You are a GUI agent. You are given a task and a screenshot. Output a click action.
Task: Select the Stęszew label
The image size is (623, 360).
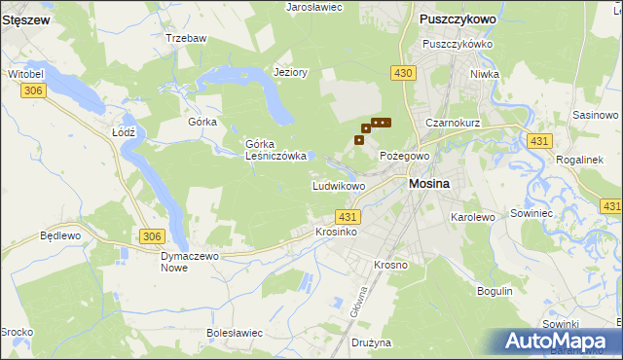coord(26,18)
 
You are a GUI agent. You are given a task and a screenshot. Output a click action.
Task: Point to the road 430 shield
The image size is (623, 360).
coord(404,73)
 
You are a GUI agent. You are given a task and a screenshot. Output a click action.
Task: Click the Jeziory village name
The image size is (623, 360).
coord(291,72)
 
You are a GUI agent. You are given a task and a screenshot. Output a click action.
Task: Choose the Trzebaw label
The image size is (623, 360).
coord(186,38)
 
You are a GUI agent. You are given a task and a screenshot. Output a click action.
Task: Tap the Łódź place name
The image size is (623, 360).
coord(123,131)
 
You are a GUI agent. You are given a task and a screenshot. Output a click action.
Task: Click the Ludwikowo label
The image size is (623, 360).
coord(338,185)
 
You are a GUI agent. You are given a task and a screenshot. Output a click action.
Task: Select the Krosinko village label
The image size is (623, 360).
coord(337,233)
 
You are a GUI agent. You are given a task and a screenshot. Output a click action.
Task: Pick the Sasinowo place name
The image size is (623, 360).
coord(596,115)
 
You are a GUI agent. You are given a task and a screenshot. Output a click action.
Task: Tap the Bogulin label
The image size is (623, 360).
coord(495,291)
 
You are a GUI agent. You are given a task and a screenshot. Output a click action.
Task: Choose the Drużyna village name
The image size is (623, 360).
coord(370,342)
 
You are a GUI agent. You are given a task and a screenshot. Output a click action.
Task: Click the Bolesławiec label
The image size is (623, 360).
coord(236,333)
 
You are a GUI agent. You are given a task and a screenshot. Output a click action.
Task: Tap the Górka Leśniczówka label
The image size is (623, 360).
coord(276,149)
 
